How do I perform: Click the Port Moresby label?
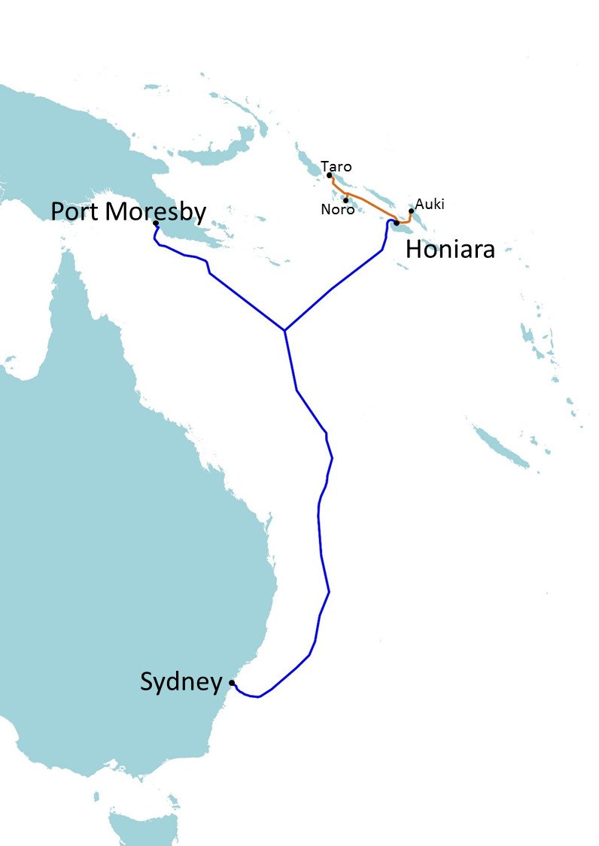pos(128,211)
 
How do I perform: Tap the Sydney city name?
pos(181,682)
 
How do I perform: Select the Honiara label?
pos(450,249)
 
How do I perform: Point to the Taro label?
pos(336,166)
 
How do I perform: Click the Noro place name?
pos(337,210)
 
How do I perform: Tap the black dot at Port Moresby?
pos(155,223)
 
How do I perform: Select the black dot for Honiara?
pos(396,223)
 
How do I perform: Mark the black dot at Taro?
pos(330,175)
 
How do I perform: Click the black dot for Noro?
pos(345,200)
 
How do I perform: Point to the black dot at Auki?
pos(411,211)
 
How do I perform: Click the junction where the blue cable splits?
pos(284,330)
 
